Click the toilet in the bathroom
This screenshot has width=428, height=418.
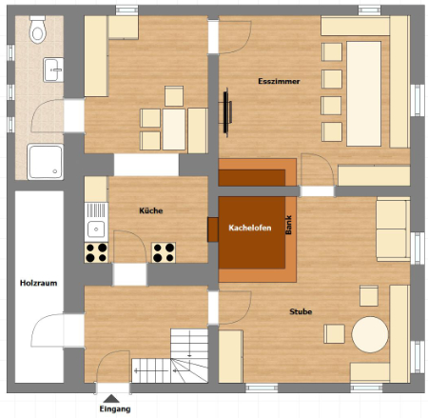[x=38, y=30]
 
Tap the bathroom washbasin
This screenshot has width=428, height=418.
[x=53, y=70]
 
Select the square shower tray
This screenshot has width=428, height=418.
[x=46, y=162]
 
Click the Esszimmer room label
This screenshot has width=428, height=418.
[x=279, y=81]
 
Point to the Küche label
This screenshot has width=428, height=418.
[x=151, y=210]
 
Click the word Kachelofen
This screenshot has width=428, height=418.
[x=250, y=228]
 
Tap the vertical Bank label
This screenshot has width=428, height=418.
[x=288, y=225]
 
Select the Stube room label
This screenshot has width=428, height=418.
[x=301, y=311]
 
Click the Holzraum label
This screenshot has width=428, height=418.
[x=39, y=283]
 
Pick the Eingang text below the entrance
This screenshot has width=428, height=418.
[x=115, y=408]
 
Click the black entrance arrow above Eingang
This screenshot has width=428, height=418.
[x=111, y=399]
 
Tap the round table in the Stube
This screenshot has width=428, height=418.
[x=370, y=334]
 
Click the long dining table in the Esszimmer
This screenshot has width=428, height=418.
[x=363, y=93]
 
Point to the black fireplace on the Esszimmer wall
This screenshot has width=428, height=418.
[x=226, y=112]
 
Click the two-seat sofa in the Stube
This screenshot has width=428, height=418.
[x=393, y=229]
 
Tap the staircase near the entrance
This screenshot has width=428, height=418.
[x=178, y=356]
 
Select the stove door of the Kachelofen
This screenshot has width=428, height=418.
[x=213, y=229]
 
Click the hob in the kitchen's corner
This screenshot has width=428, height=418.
[x=96, y=253]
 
